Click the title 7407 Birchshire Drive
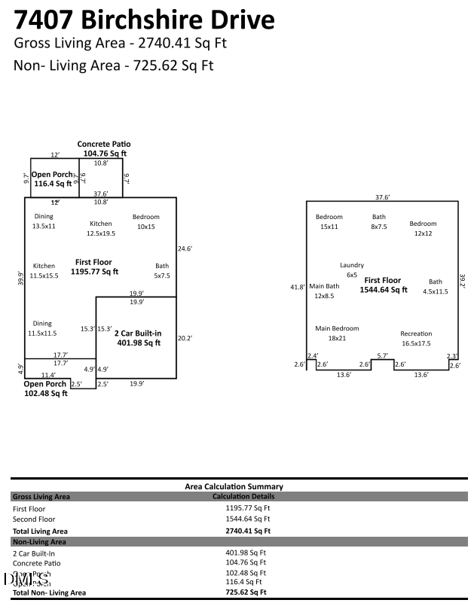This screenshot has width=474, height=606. [144, 19]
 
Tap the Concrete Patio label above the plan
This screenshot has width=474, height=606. [104, 148]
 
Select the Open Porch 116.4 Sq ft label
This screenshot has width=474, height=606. [53, 178]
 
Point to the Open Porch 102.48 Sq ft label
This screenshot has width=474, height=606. [45, 388]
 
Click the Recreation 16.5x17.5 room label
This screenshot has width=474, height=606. [416, 338]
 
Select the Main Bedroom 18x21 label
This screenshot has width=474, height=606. [337, 333]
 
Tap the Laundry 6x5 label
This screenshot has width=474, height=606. [352, 270]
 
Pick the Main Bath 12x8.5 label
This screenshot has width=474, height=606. [325, 291]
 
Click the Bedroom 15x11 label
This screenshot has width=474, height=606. [329, 221]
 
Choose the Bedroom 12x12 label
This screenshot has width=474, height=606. [423, 228]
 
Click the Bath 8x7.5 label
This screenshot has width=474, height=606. [378, 221]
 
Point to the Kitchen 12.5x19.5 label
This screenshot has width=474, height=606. [101, 228]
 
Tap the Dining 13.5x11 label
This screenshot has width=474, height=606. [44, 221]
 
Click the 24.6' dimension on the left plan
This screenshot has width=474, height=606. [185, 248]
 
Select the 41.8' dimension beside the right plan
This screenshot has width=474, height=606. [298, 287]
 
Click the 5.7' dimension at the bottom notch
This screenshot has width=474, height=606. [382, 355]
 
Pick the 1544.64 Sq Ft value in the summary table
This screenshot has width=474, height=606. [242, 519]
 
